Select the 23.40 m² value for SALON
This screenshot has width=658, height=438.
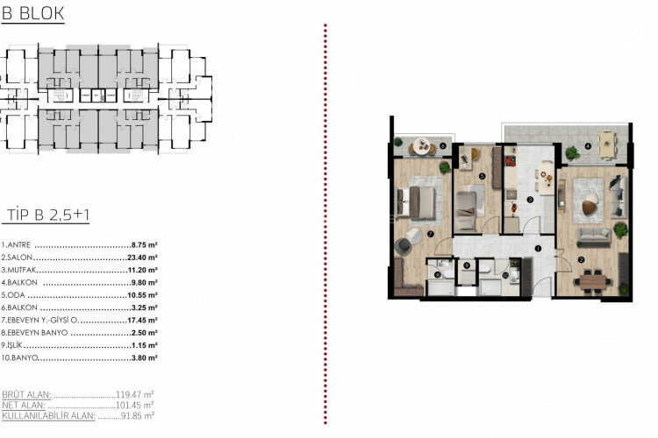click(x=143, y=258)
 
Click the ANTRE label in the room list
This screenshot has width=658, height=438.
click(x=17, y=246)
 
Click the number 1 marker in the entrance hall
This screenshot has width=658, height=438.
click(x=537, y=248)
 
